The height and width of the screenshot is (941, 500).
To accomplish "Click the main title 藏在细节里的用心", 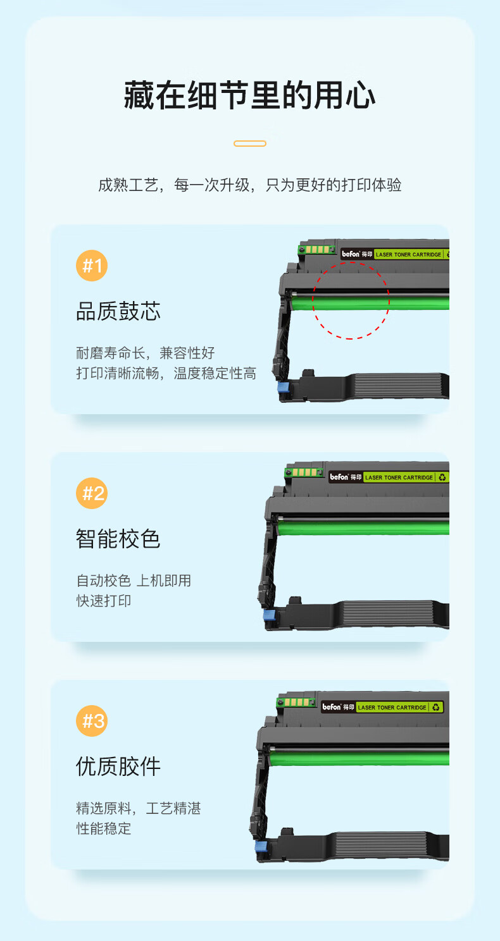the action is point(249,95).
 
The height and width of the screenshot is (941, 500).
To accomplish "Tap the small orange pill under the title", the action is point(250,144).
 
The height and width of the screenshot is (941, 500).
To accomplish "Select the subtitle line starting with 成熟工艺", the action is point(250,185).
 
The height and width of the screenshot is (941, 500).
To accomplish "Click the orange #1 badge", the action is point(92,266).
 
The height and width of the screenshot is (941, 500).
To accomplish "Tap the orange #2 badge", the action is point(92,493).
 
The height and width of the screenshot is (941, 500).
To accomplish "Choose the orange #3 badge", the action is point(92,721).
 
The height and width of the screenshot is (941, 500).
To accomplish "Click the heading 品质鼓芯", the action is point(118,311).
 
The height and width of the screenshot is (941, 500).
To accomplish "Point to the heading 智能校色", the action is point(118,539).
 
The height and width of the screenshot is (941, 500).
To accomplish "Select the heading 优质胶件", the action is point(118,766).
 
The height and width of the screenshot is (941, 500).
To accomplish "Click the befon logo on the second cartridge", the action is point(339,477).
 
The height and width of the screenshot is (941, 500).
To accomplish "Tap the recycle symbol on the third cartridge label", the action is point(435,708).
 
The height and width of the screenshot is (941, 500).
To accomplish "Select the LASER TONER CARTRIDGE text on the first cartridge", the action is point(408,255).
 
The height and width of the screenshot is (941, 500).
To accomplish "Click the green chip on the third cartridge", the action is point(296,702).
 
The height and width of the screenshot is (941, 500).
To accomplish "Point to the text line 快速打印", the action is point(103,601).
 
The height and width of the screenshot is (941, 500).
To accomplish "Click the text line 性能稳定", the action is point(103,828).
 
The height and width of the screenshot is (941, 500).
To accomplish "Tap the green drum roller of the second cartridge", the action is point(363,528).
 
